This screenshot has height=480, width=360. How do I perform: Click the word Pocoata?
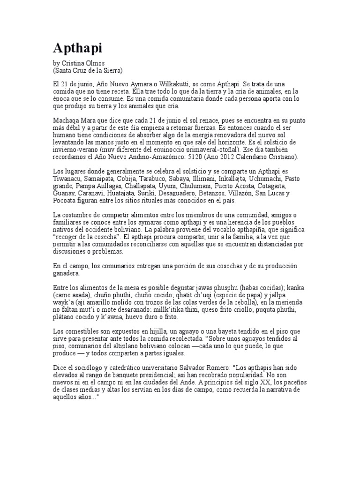[66, 201]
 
